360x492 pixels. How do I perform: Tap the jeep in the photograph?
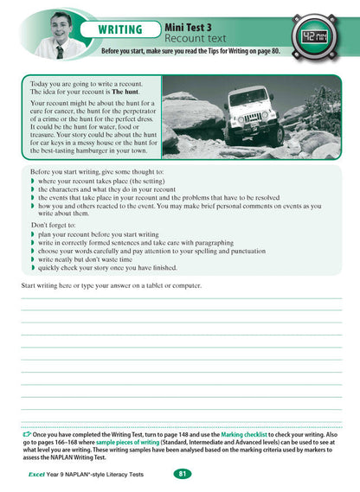point(254,120)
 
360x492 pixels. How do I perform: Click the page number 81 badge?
point(182,474)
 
